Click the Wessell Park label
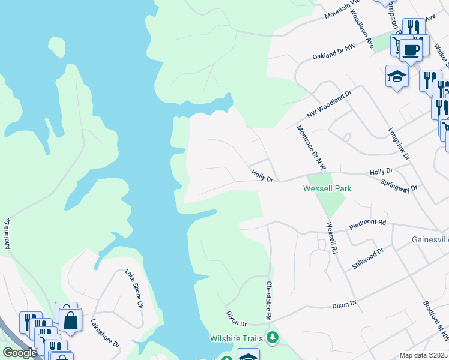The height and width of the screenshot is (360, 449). [x=327, y=188]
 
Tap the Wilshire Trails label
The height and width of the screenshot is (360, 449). [x=237, y=338]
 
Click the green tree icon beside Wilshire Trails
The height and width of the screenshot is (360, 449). [x=273, y=338]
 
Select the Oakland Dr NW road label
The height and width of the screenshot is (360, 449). [x=334, y=50]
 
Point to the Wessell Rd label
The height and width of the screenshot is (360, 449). [x=332, y=238]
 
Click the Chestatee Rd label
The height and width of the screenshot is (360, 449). [x=270, y=300]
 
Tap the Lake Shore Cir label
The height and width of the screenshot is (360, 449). [x=134, y=289]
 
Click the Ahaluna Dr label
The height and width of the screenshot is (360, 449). [x=8, y=233]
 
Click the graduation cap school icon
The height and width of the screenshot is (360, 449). [x=397, y=76]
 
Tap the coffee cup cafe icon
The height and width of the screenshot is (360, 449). [x=411, y=49]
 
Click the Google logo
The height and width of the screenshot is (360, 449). [x=20, y=353]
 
